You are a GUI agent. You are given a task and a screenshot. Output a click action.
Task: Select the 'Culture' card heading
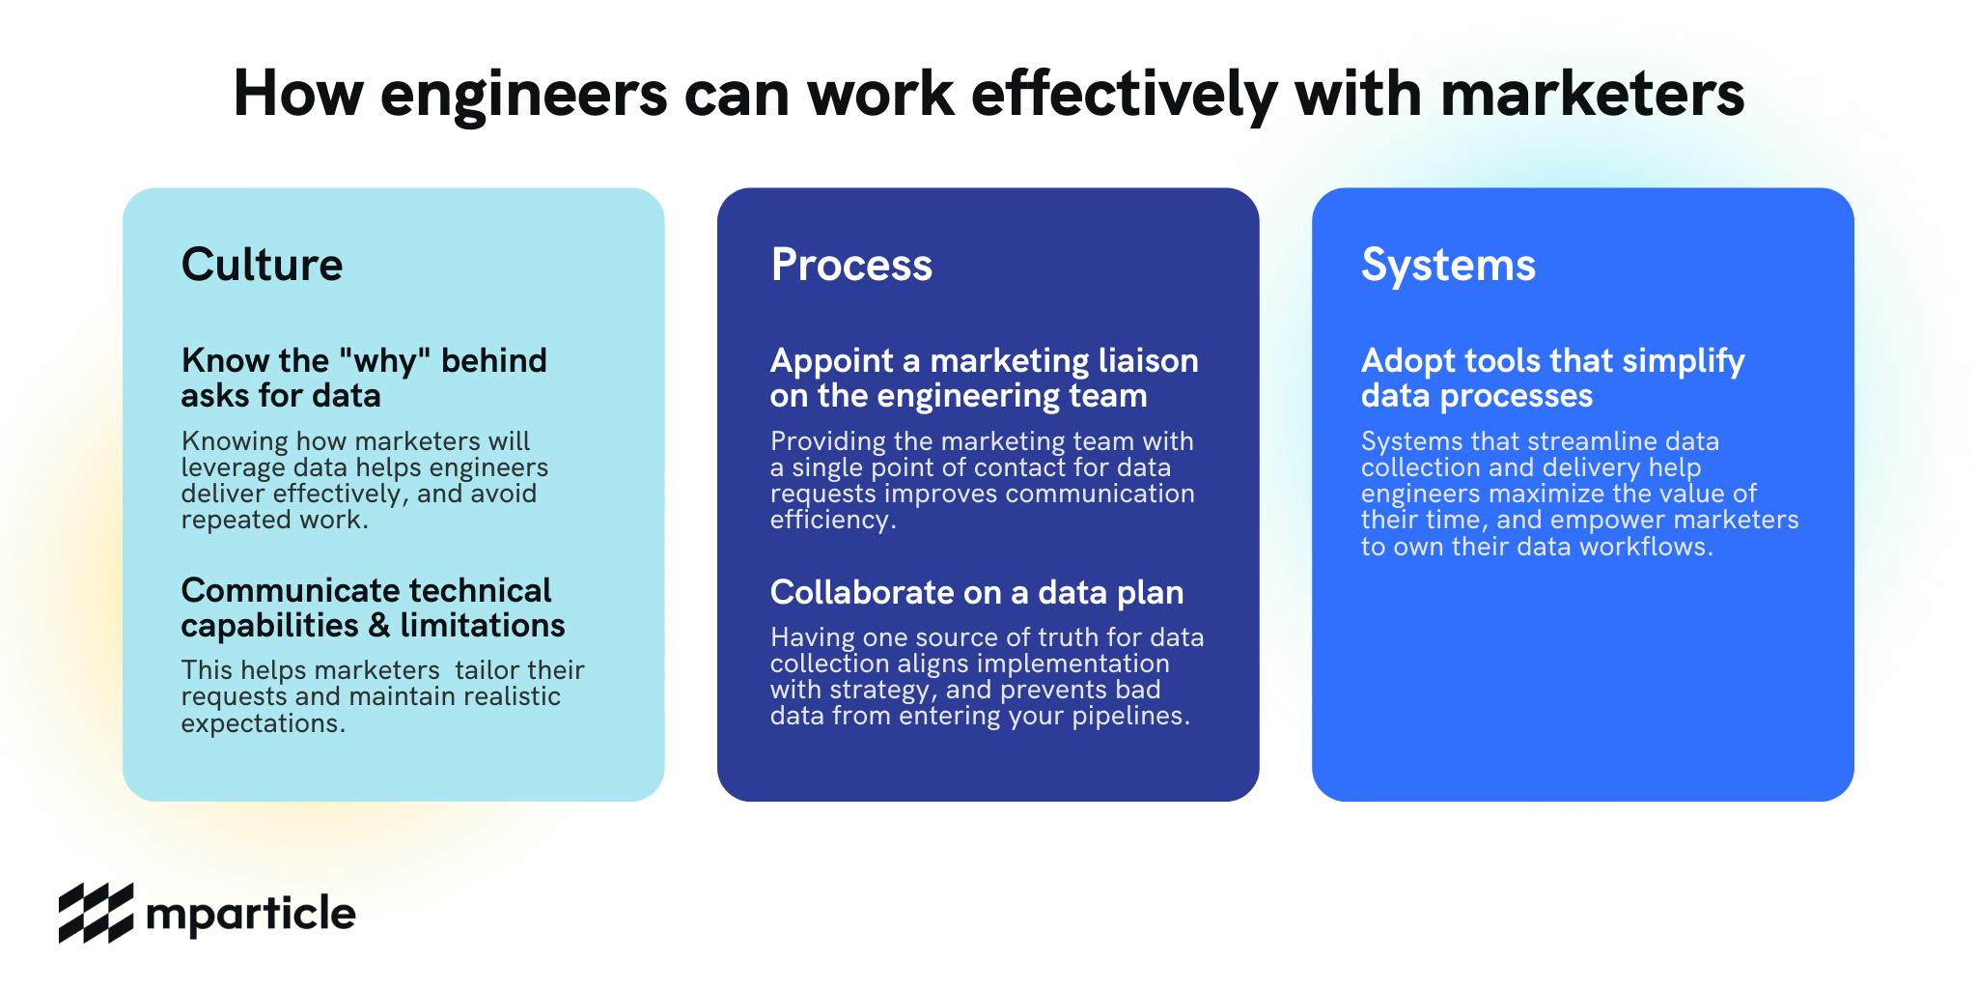(262, 265)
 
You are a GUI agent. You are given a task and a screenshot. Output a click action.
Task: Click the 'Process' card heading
(851, 265)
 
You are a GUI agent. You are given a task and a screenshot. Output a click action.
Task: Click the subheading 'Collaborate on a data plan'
(977, 592)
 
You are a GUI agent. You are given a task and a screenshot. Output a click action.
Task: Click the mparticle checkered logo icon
(96, 913)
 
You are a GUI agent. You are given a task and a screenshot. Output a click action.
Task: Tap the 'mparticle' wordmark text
(251, 914)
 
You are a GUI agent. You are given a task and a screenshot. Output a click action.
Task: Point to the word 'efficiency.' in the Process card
(833, 521)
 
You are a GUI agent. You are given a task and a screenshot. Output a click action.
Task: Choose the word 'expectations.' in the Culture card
(264, 724)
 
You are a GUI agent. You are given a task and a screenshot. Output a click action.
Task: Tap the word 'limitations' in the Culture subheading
(483, 626)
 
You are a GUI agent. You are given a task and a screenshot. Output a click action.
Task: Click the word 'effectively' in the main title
(1124, 96)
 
